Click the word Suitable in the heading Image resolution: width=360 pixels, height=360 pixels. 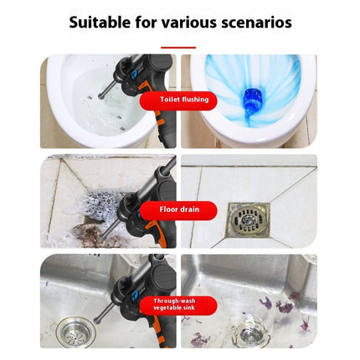(102, 22)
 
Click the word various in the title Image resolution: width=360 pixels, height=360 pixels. (182, 22)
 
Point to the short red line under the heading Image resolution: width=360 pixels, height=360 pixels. (179, 47)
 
